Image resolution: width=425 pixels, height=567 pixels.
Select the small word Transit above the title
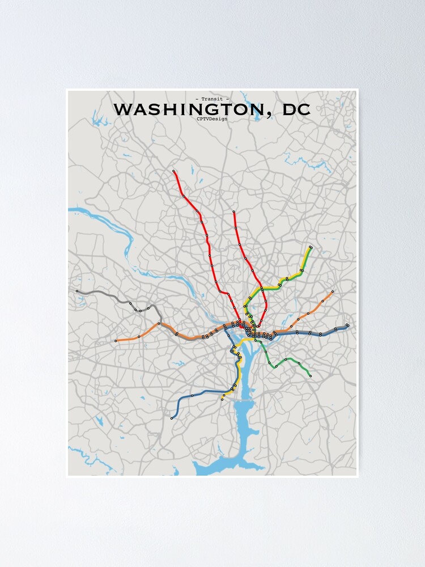point(212,99)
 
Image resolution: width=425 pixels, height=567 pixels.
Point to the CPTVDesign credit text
point(212,119)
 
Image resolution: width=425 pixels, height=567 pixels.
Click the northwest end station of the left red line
point(174,171)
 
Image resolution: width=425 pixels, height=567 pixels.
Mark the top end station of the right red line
point(233,212)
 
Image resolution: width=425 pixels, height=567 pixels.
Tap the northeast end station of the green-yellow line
point(311,247)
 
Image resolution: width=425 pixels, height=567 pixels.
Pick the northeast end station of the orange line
point(333,291)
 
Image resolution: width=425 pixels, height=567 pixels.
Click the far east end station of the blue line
point(347,325)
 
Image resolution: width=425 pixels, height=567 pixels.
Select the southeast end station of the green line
point(310,375)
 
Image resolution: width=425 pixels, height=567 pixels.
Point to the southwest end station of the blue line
point(172,418)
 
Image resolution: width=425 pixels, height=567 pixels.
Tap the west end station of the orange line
point(116,341)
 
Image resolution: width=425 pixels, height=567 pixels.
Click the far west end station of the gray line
point(77,291)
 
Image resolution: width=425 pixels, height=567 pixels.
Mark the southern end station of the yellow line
point(222,399)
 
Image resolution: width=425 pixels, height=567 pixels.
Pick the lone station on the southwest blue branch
point(192,395)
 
